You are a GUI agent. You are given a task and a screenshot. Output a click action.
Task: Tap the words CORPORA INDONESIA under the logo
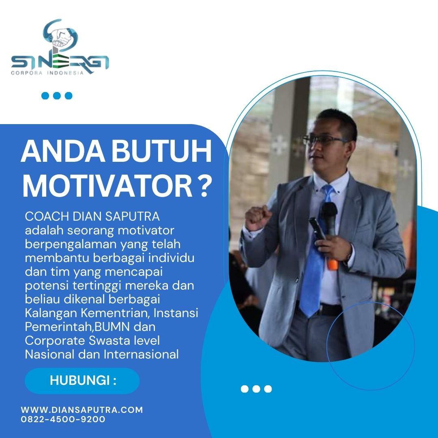47,73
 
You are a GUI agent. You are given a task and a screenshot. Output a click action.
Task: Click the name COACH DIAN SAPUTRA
92,217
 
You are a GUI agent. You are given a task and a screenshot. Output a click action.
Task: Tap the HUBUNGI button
82,381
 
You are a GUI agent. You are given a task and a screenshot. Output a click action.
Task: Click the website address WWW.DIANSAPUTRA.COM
82,410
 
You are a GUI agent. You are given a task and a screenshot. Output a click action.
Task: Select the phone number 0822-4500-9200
63,419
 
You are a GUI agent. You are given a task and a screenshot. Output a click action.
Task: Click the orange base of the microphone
333,264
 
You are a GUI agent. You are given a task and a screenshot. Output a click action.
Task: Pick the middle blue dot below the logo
57,96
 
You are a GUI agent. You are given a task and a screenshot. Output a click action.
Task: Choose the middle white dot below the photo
256,389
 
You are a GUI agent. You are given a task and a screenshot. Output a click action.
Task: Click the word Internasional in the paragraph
141,354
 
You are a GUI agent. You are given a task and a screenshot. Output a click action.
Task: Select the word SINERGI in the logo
60,62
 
